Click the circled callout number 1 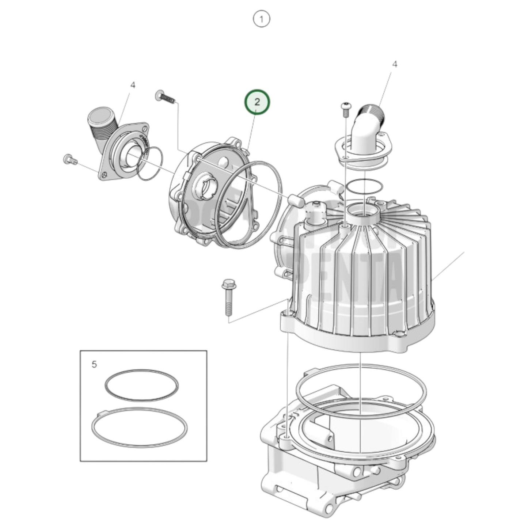click(x=261, y=19)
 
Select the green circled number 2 click(x=257, y=102)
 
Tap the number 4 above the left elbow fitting click(x=133, y=85)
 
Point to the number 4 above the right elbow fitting click(x=395, y=64)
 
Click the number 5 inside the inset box click(x=94, y=364)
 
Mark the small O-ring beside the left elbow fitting click(x=150, y=163)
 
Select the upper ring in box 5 click(x=141, y=385)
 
